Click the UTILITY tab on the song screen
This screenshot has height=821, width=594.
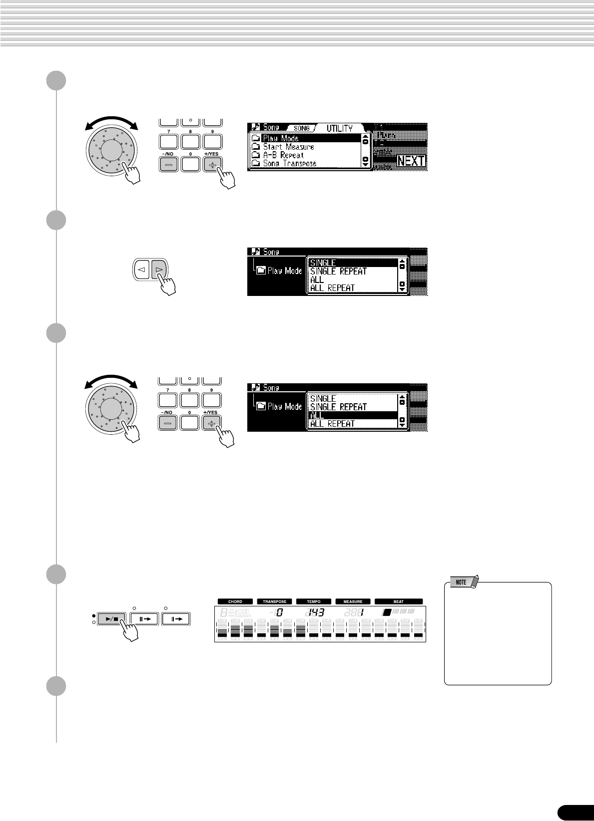pyautogui.click(x=340, y=128)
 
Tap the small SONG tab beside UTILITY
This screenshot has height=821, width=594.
pyautogui.click(x=302, y=128)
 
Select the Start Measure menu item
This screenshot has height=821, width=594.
pyautogui.click(x=288, y=147)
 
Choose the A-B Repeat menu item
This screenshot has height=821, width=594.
pyautogui.click(x=283, y=155)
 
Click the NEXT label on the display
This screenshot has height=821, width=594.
pyautogui.click(x=411, y=161)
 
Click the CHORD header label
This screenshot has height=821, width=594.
pyautogui.click(x=235, y=601)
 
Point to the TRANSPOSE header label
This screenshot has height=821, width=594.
pyautogui.click(x=274, y=601)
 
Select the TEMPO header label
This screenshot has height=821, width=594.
pyautogui.click(x=314, y=601)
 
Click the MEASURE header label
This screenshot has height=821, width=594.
pyautogui.click(x=353, y=601)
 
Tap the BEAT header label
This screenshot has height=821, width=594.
pyautogui.click(x=399, y=601)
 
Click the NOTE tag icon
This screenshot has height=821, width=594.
pyautogui.click(x=462, y=582)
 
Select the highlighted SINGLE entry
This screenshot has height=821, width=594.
pyautogui.click(x=323, y=263)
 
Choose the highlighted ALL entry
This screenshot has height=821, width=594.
pyautogui.click(x=317, y=415)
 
